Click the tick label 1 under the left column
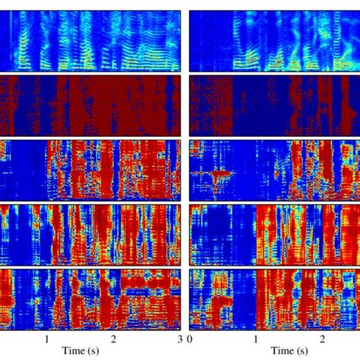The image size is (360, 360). coord(47,339)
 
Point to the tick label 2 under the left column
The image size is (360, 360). coord(114,339)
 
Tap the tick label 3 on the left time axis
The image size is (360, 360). coord(180,339)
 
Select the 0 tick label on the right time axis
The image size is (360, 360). coord(190,339)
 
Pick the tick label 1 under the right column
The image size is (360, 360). coord(256,339)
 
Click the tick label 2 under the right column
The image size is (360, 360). coord(323,339)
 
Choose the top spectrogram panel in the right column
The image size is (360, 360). coord(274,40)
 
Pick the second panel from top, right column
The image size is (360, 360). coord(274,105)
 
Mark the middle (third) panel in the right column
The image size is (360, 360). coord(274,169)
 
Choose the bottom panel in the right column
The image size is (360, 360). coord(274,298)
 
